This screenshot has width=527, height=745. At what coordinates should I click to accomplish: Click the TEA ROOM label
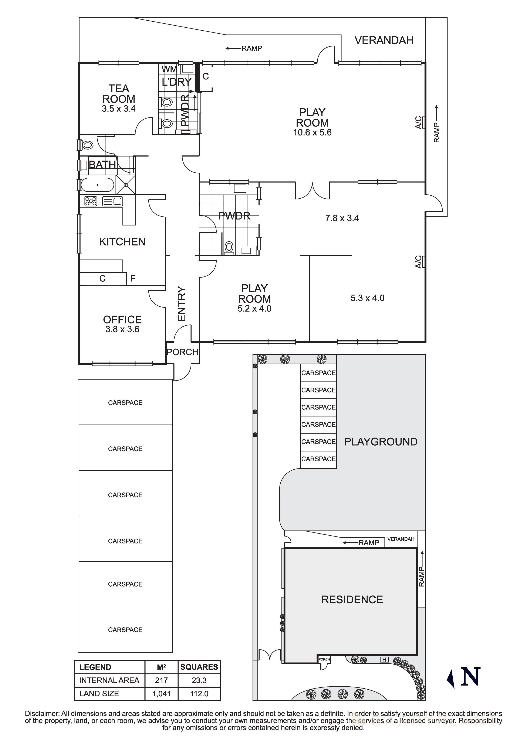point(119,94)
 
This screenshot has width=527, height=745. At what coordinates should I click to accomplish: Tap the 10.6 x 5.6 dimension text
point(312,132)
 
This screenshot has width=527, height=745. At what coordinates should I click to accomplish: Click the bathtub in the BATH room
point(97,185)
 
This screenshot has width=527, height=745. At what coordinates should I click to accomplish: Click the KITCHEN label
point(122,242)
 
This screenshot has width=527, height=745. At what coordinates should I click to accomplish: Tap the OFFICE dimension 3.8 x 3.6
point(122,329)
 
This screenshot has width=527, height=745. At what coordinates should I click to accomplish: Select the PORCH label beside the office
point(182,352)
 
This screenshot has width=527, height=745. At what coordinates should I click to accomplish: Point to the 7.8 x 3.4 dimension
point(342,218)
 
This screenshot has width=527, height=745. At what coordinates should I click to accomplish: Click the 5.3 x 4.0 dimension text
point(367,298)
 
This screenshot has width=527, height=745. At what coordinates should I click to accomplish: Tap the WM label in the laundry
point(169,69)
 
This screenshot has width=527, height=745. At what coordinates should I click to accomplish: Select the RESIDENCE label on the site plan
point(352,600)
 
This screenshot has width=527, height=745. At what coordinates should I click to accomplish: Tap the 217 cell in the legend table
point(161,680)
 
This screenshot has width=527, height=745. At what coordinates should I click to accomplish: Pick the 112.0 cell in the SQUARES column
point(199,694)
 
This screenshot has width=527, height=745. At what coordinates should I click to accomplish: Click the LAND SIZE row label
point(99,694)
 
